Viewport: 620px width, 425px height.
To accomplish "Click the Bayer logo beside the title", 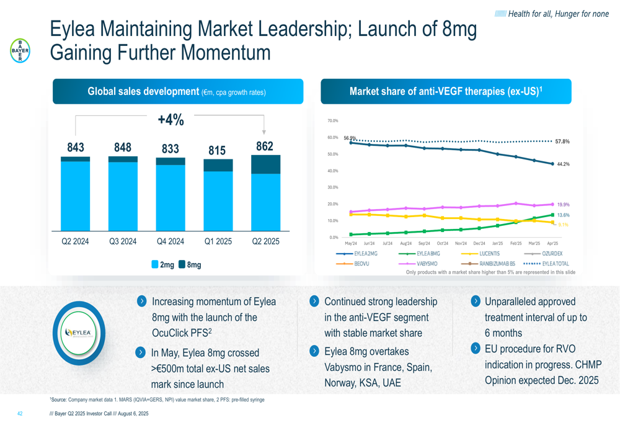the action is point(20,51).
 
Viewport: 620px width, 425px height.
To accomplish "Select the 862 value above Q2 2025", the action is point(265,146).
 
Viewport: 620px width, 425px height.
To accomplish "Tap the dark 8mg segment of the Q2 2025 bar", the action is point(266,164).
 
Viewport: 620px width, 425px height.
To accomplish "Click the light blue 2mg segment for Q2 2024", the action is point(75,196).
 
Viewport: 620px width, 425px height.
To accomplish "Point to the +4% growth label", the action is point(171,120).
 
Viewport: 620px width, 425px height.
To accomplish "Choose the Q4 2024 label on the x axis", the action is point(170,241).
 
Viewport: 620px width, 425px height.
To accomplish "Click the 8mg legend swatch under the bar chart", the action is point(182,264).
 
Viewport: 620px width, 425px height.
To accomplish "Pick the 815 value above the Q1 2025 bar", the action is point(217,150).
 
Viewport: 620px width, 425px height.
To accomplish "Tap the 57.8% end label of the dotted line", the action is point(562,141).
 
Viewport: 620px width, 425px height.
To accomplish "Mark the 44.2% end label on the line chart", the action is point(563,164).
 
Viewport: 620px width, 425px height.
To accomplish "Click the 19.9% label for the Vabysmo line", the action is point(564,205).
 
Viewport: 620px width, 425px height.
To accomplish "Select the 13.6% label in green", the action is point(564,215).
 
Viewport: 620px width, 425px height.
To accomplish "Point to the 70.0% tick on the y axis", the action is point(332,121).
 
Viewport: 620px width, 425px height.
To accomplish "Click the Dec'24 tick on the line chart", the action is point(479,243).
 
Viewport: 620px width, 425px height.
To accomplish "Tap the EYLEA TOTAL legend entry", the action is point(546,264).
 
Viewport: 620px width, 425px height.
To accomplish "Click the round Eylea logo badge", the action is point(79,333).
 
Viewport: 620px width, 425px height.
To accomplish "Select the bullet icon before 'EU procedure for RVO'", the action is point(476,348).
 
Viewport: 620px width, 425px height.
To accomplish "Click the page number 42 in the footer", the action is point(20,414).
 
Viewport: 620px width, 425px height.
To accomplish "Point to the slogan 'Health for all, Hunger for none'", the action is point(552,14).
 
